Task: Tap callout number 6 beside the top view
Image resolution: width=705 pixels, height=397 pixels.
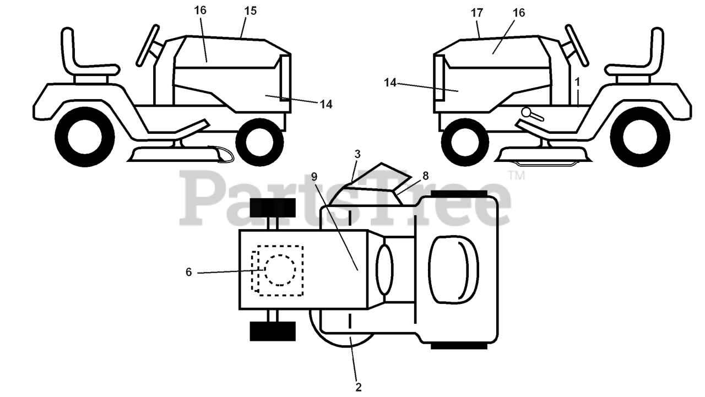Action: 188,272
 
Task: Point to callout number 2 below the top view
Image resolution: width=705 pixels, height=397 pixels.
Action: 359,387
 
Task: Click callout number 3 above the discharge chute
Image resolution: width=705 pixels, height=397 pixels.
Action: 357,155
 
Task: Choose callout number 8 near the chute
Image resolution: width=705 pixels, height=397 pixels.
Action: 425,176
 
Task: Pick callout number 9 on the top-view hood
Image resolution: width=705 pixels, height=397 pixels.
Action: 314,177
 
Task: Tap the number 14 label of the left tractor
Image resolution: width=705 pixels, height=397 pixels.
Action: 326,104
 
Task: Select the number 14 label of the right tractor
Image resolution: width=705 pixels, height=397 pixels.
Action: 390,83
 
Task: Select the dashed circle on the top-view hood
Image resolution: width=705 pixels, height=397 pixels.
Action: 280,270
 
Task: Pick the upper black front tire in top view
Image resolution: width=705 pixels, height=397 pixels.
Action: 273,208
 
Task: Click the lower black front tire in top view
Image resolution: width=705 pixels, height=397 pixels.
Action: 273,331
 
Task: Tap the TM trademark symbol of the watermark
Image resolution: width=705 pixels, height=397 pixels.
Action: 516,176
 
